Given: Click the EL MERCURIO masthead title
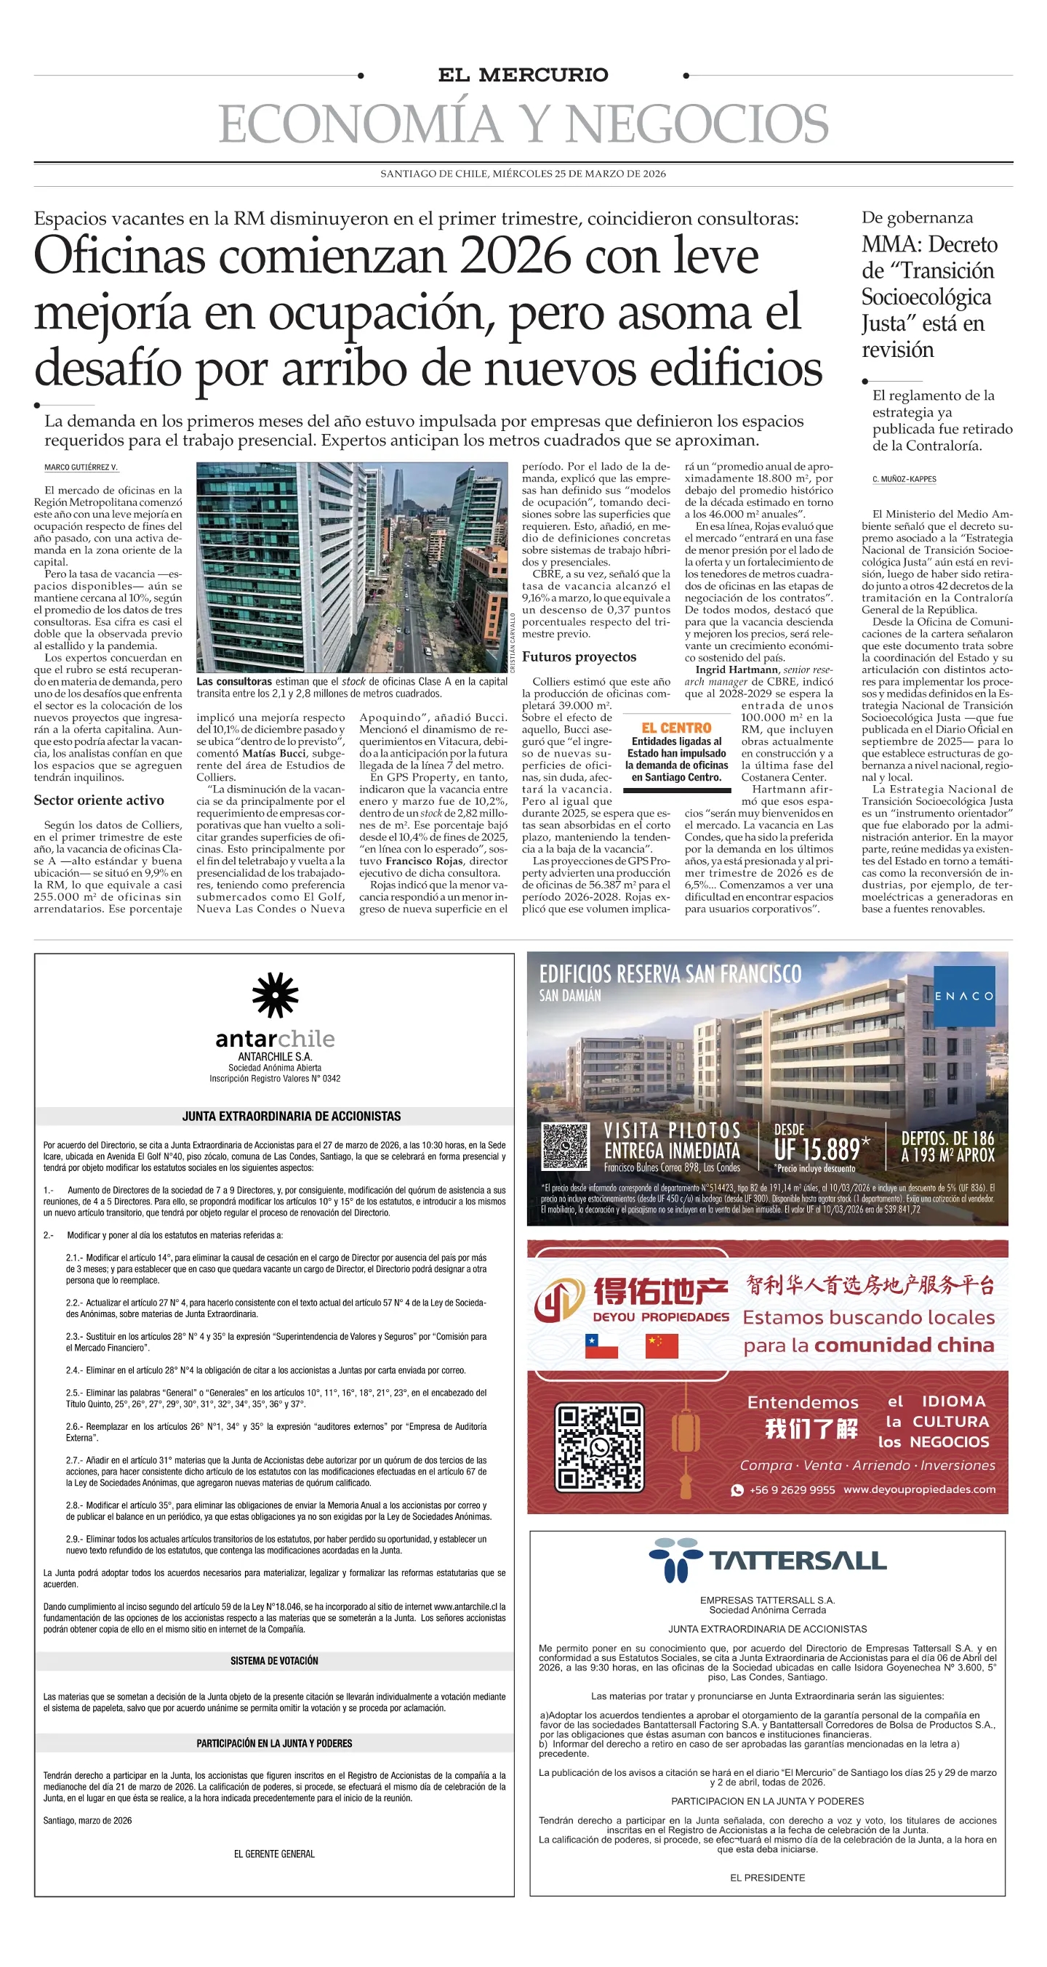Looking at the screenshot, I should [x=523, y=75].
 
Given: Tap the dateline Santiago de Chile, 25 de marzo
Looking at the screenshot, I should [x=523, y=173].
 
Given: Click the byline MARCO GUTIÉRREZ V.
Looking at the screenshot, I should [x=81, y=467].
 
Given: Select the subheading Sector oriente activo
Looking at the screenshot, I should [x=98, y=800].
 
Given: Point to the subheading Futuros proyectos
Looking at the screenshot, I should [x=579, y=656].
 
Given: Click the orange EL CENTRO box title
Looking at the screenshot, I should [x=676, y=728].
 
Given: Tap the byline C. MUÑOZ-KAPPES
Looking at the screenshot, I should [x=904, y=480].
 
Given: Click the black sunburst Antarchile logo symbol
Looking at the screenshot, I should [x=275, y=995].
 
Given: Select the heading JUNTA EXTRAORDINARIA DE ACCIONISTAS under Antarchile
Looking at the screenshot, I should [x=291, y=1117].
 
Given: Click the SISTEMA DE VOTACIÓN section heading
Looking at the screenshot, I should [x=274, y=1661].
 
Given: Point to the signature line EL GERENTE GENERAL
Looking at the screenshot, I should [x=274, y=1854].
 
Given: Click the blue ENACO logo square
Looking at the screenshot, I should [x=965, y=996].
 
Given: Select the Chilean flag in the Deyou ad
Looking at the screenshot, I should [x=601, y=1345].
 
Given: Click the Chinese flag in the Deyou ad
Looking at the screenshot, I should [x=662, y=1345].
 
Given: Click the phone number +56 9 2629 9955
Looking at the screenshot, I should [x=791, y=1489].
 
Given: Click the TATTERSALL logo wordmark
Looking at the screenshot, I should [x=798, y=1561].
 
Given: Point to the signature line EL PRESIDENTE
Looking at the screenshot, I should [x=767, y=1878].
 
